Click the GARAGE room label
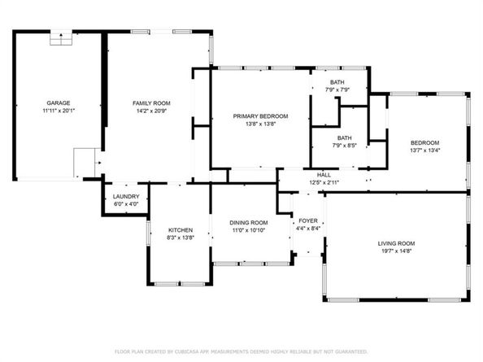pyautogui.click(x=59, y=102)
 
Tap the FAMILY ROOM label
pyautogui.click(x=151, y=103)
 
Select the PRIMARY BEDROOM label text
pyautogui.click(x=260, y=116)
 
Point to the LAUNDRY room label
pyautogui.click(x=126, y=197)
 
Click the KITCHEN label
pyautogui.click(x=181, y=230)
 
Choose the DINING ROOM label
pyautogui.click(x=249, y=223)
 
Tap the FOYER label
pyautogui.click(x=308, y=221)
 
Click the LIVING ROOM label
pyautogui.click(x=396, y=243)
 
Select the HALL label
pyautogui.click(x=324, y=175)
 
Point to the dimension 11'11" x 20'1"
pyautogui.click(x=59, y=111)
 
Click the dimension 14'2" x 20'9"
pyautogui.click(x=151, y=111)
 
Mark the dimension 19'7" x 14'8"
pyautogui.click(x=397, y=251)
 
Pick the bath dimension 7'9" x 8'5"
pyautogui.click(x=345, y=146)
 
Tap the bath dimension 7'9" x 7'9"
pyautogui.click(x=337, y=90)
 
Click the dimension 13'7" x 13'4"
pyautogui.click(x=425, y=150)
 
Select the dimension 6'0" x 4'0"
pyautogui.click(x=126, y=204)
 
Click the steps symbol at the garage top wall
pyautogui.click(x=61, y=38)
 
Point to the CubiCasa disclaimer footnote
pyautogui.click(x=241, y=351)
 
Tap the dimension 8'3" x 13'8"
pyautogui.click(x=181, y=238)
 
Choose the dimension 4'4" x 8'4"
pyautogui.click(x=308, y=229)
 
